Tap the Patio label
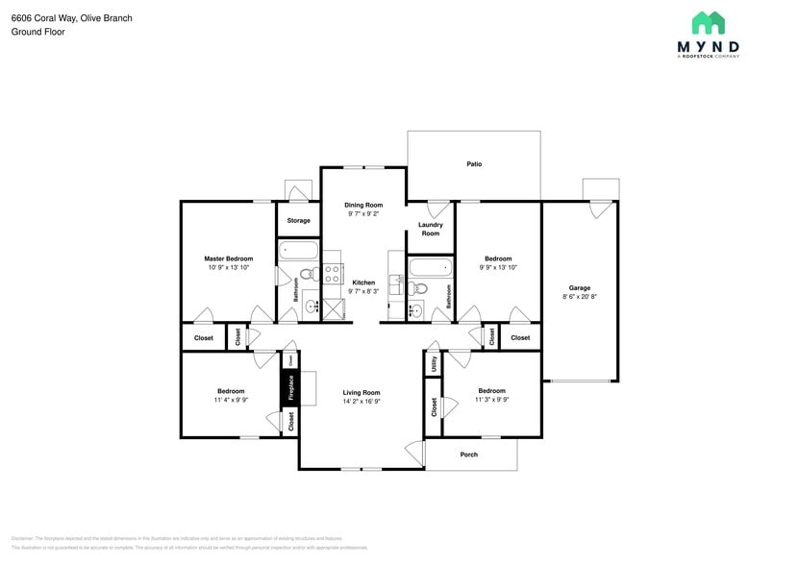tap(474, 164)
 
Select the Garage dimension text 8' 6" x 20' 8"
tap(579, 297)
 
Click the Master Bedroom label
tap(228, 258)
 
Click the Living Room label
tap(362, 392)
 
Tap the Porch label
tap(469, 454)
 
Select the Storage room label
tap(298, 221)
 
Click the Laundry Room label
tap(430, 229)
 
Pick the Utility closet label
tap(434, 363)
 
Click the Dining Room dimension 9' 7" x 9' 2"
tap(363, 214)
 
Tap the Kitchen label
tap(363, 282)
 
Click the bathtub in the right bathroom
tap(429, 266)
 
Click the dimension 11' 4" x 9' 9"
tap(231, 401)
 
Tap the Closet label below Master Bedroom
tap(204, 338)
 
